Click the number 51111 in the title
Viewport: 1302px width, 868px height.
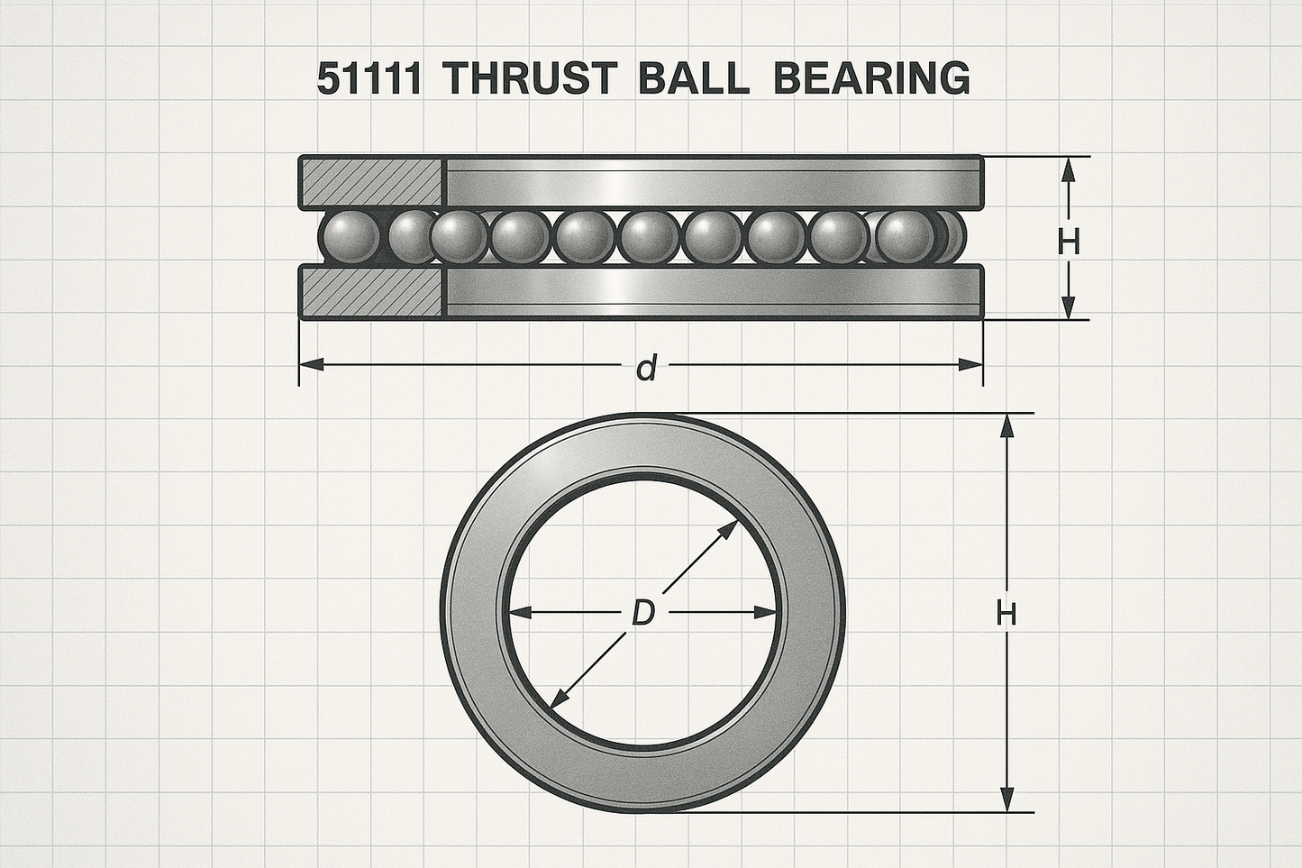(369, 78)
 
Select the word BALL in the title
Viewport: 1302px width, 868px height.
(694, 78)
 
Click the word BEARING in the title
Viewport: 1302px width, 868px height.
(872, 78)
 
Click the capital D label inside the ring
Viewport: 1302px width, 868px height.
(643, 613)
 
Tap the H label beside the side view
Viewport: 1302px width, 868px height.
(1069, 242)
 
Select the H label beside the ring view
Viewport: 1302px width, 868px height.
(1006, 613)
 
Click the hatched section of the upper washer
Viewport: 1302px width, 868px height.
(372, 183)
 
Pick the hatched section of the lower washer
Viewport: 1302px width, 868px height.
(372, 292)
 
